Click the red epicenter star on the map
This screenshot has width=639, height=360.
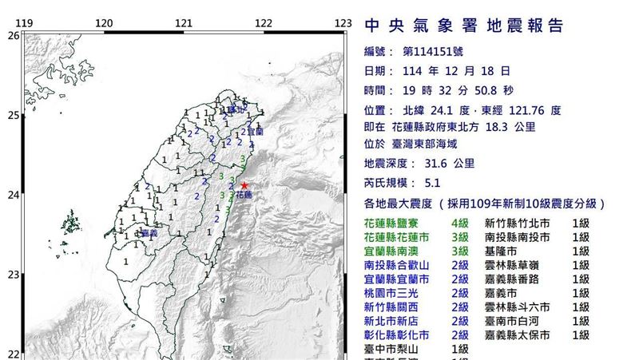pyautogui.click(x=244, y=185)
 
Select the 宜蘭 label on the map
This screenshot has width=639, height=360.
pyautogui.click(x=255, y=130)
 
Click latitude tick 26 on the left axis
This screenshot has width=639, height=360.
pyautogui.click(x=12, y=36)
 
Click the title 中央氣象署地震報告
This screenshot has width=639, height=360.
pyautogui.click(x=464, y=26)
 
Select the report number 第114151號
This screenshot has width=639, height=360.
pyautogui.click(x=442, y=51)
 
